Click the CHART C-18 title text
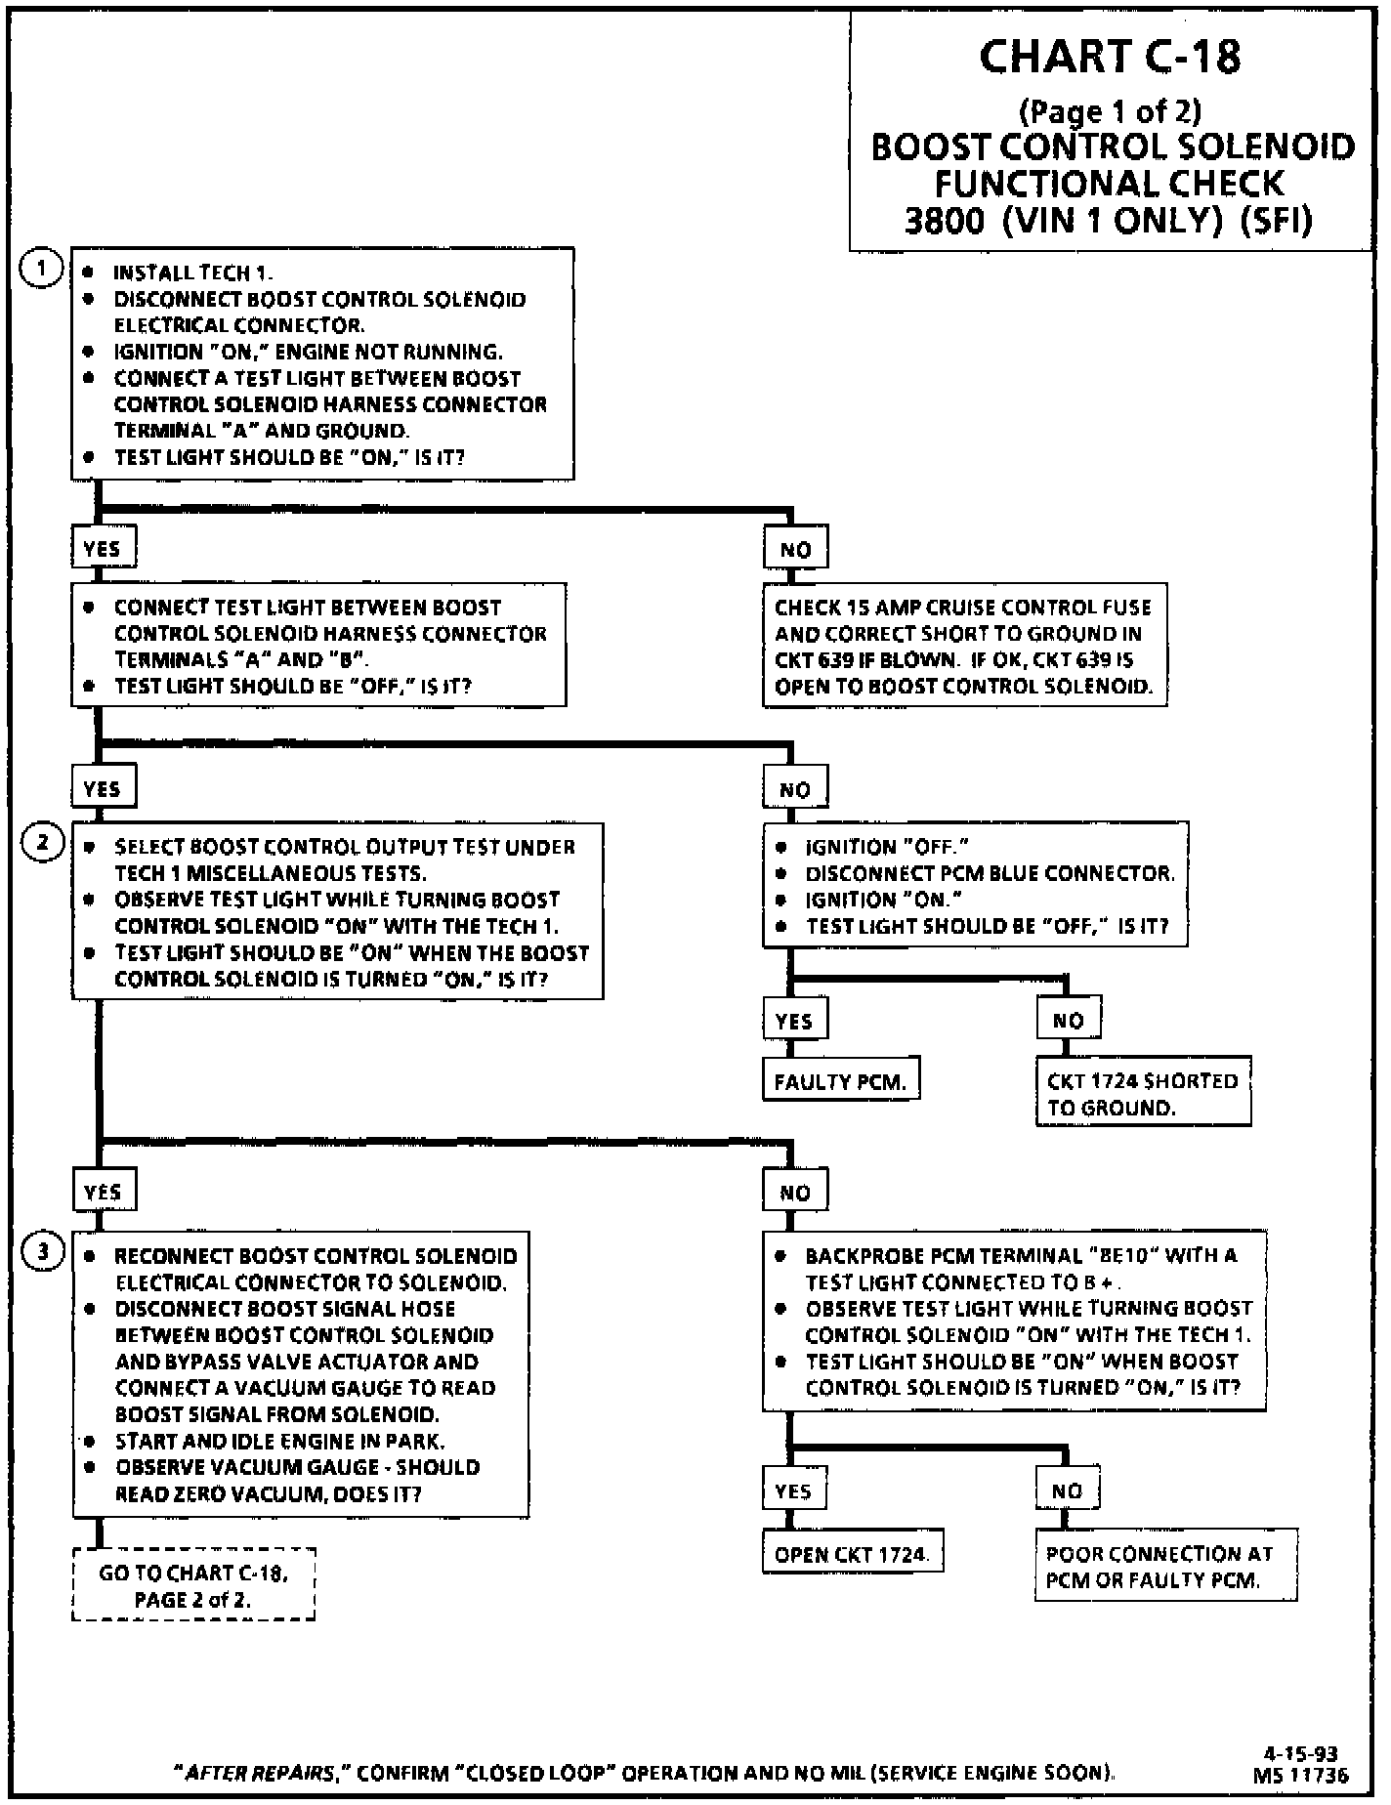coord(1110,58)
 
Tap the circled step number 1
coord(41,269)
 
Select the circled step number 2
coord(43,842)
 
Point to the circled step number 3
coord(43,1251)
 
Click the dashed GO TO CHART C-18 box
coord(193,1586)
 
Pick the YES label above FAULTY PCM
coord(794,1022)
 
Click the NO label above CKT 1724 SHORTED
coord(1068,1022)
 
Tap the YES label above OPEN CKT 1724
coord(793,1491)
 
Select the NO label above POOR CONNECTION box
coord(1067,1491)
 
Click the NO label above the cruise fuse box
coord(795,550)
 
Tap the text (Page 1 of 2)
coord(1110,111)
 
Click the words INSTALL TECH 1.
coord(192,273)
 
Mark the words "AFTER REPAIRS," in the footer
coord(261,1773)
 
